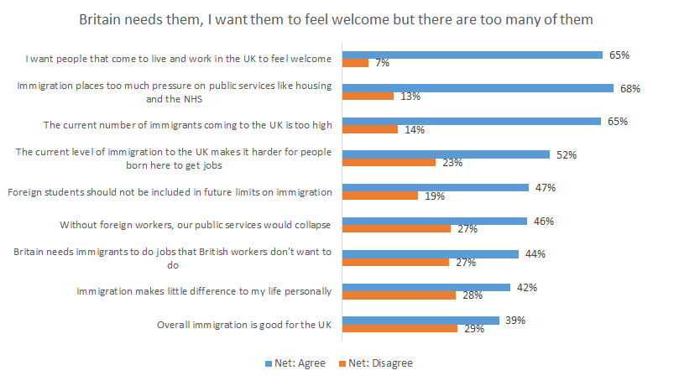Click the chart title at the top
point(337,18)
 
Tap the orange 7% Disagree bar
point(357,63)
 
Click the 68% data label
point(630,87)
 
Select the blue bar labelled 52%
point(447,154)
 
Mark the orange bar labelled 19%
point(381,196)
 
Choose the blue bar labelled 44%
point(431,253)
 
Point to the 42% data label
point(526,287)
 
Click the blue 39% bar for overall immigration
point(422,320)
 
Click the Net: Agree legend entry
point(293,363)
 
